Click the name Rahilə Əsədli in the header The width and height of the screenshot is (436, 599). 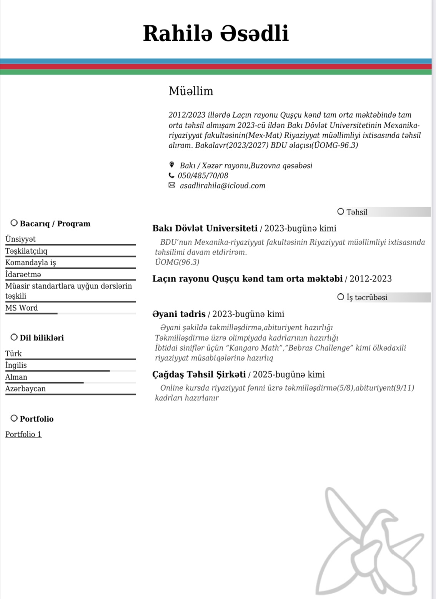216,33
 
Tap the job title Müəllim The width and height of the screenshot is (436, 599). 191,91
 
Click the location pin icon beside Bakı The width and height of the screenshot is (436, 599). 171,165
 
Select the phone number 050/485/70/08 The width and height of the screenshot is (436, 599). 203,176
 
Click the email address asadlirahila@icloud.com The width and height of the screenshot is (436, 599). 223,186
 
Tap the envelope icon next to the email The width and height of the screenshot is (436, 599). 171,185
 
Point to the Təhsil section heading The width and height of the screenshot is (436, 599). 356,212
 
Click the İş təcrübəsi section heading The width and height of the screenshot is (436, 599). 366,297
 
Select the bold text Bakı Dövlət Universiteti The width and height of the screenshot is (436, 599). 205,228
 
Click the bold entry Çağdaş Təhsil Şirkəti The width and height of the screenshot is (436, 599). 199,374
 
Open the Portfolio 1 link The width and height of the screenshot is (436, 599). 23,434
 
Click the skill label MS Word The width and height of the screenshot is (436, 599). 22,308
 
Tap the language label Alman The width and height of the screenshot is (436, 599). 16,377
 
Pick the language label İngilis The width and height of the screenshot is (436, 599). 16,365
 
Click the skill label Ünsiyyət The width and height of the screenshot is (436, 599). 20,239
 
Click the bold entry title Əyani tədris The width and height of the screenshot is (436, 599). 179,314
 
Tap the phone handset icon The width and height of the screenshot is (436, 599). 171,175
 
